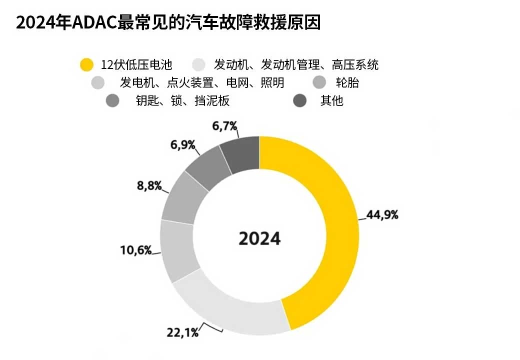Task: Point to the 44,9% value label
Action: [x=382, y=215]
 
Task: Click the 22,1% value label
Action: [x=182, y=332]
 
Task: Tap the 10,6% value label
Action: [x=136, y=249]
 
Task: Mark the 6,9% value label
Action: [x=182, y=145]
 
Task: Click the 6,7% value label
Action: [x=224, y=126]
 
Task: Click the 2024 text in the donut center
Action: [x=259, y=238]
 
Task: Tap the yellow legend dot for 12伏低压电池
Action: [x=87, y=64]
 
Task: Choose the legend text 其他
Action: [x=332, y=100]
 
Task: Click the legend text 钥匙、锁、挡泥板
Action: [x=182, y=100]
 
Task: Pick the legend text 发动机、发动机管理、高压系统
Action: [x=296, y=64]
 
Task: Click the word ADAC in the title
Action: [x=95, y=22]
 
